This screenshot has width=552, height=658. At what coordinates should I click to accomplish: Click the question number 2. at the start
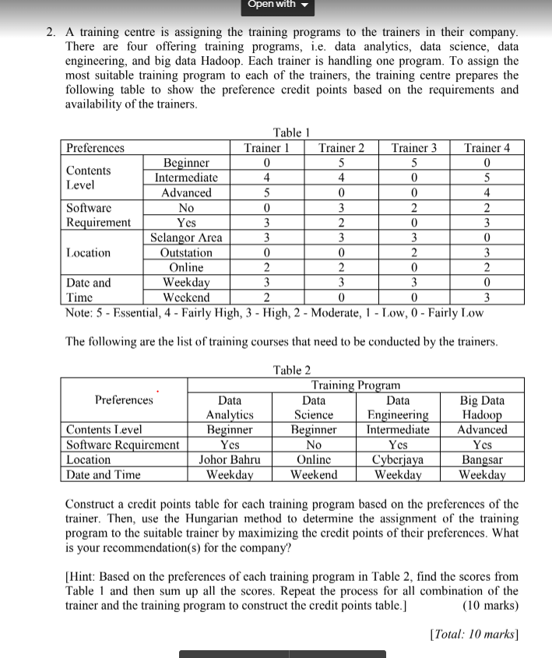tap(51, 33)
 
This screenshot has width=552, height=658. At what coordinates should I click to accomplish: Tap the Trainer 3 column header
tap(413, 148)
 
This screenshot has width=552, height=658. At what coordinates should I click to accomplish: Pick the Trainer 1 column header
tap(266, 148)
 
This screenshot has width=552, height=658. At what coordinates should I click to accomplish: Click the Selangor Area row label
tap(186, 238)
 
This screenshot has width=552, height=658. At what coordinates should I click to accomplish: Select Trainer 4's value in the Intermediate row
tap(487, 178)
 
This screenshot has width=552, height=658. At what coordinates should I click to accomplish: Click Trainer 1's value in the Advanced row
tap(266, 192)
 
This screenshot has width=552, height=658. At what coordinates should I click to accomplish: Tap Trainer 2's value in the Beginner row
tap(340, 163)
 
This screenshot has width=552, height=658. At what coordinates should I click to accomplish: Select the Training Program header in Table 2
tap(355, 385)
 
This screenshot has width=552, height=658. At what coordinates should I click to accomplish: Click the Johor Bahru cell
tap(229, 459)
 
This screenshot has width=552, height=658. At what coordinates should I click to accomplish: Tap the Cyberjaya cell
tap(398, 459)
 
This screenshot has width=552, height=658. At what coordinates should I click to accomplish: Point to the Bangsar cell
tap(482, 459)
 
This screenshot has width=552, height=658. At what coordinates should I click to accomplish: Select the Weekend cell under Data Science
tap(313, 474)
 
